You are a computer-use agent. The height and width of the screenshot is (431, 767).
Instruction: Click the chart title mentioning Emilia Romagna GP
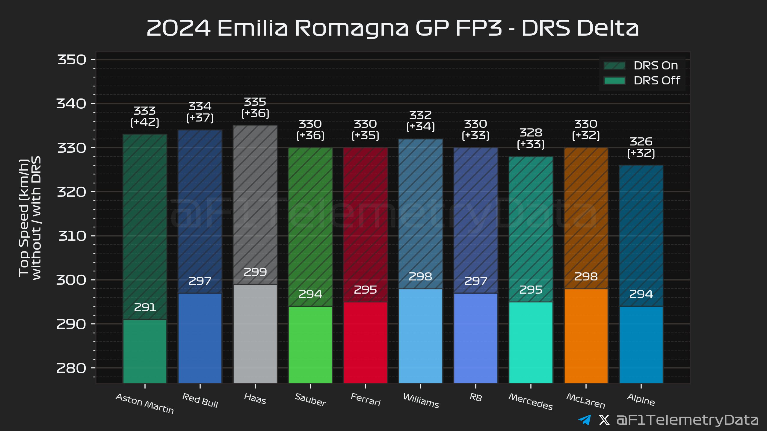coord(392,28)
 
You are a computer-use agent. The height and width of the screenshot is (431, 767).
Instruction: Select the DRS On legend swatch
coord(614,66)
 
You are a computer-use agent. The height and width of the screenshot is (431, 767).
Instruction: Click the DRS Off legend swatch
coord(614,81)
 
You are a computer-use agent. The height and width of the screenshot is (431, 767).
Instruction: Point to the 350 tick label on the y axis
coord(72,60)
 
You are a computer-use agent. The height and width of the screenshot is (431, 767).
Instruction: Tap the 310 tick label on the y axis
coord(72,236)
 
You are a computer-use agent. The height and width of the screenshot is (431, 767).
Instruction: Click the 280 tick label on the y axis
coord(72,368)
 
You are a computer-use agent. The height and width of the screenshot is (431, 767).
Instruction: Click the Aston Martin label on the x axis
coord(145,403)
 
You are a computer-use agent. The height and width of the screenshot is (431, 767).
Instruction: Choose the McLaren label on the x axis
coord(586,401)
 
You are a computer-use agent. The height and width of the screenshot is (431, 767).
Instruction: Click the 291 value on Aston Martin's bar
coord(145,307)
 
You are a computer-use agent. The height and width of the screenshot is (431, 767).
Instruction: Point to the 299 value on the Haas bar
coord(255,272)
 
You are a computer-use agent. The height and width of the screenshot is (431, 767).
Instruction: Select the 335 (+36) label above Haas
coord(255,107)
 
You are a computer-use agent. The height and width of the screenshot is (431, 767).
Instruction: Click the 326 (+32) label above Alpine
coord(641,147)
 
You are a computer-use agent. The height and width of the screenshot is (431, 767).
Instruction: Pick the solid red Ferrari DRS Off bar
coord(365,342)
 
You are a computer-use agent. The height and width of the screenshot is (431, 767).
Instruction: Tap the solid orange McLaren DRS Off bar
coord(586,336)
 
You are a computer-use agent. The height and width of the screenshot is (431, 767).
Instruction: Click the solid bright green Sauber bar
coord(310,345)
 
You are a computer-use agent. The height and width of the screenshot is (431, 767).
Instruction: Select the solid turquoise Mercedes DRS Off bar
coord(531,342)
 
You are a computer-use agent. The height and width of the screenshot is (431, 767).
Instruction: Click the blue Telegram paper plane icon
coord(585,420)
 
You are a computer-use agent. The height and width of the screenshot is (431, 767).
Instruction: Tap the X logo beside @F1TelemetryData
coord(604,420)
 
